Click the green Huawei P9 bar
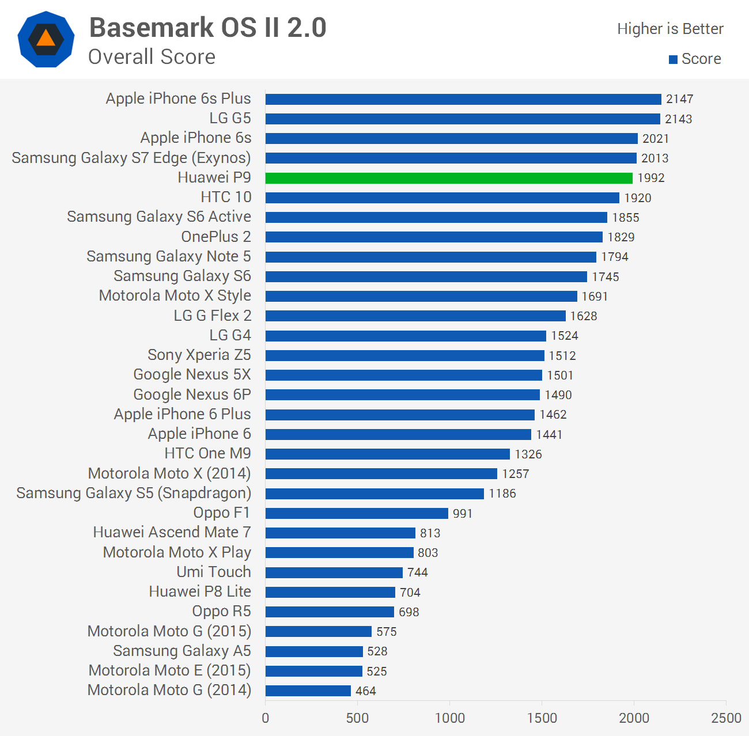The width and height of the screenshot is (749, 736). coord(449,178)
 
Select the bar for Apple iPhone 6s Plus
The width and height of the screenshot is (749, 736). coord(463,99)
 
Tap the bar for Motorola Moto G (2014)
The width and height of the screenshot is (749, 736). coord(308,691)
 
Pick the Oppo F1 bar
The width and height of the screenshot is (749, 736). coord(357,513)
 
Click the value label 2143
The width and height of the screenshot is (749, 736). coord(678,119)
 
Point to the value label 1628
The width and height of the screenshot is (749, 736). coord(584,316)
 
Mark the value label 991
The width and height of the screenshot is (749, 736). coord(463,514)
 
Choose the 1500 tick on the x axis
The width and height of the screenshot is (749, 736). coord(542,718)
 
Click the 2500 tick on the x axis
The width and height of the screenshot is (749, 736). coord(726,718)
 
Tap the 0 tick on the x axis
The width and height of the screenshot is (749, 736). coord(266,718)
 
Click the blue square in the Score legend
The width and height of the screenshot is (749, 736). coord(673,59)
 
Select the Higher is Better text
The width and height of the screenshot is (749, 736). coord(670,29)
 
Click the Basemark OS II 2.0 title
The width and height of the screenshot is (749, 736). coord(208,28)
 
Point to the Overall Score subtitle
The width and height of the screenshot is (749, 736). coord(152,57)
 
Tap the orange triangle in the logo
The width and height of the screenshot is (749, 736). coord(46,39)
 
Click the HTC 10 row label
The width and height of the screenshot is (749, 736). coord(226,197)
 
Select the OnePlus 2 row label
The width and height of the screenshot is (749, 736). coord(216,237)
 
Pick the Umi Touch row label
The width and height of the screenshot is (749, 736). coord(214,572)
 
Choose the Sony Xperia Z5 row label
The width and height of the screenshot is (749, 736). coord(199,355)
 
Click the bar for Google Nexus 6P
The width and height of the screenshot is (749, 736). coord(403,395)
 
